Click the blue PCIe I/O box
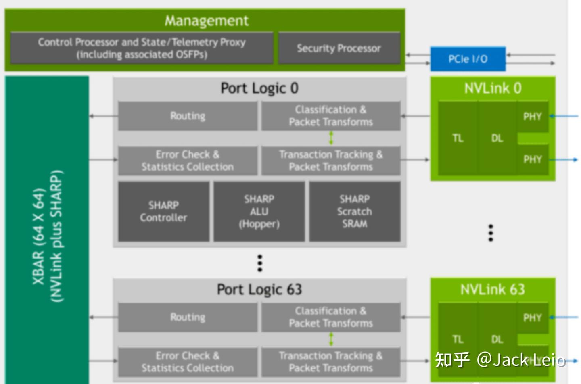click(x=468, y=59)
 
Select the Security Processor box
click(x=339, y=48)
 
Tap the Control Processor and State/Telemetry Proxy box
click(x=142, y=48)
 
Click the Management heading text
click(x=206, y=21)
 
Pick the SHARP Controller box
click(x=163, y=211)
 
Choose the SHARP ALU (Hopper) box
click(x=259, y=211)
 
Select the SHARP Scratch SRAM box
click(x=355, y=211)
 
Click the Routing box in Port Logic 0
click(x=188, y=116)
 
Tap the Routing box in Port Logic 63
click(x=188, y=317)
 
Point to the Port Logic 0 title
click(x=259, y=88)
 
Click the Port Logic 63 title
click(x=259, y=289)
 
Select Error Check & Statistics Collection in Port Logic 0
click(x=188, y=161)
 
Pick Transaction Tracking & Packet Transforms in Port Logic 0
click(x=331, y=161)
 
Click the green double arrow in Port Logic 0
click(x=331, y=138)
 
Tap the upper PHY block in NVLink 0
click(x=532, y=117)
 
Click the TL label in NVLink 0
click(x=458, y=138)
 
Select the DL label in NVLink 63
click(x=497, y=339)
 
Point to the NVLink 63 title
click(x=493, y=289)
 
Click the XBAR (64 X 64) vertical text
click(x=39, y=236)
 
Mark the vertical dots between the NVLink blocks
click(x=491, y=233)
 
